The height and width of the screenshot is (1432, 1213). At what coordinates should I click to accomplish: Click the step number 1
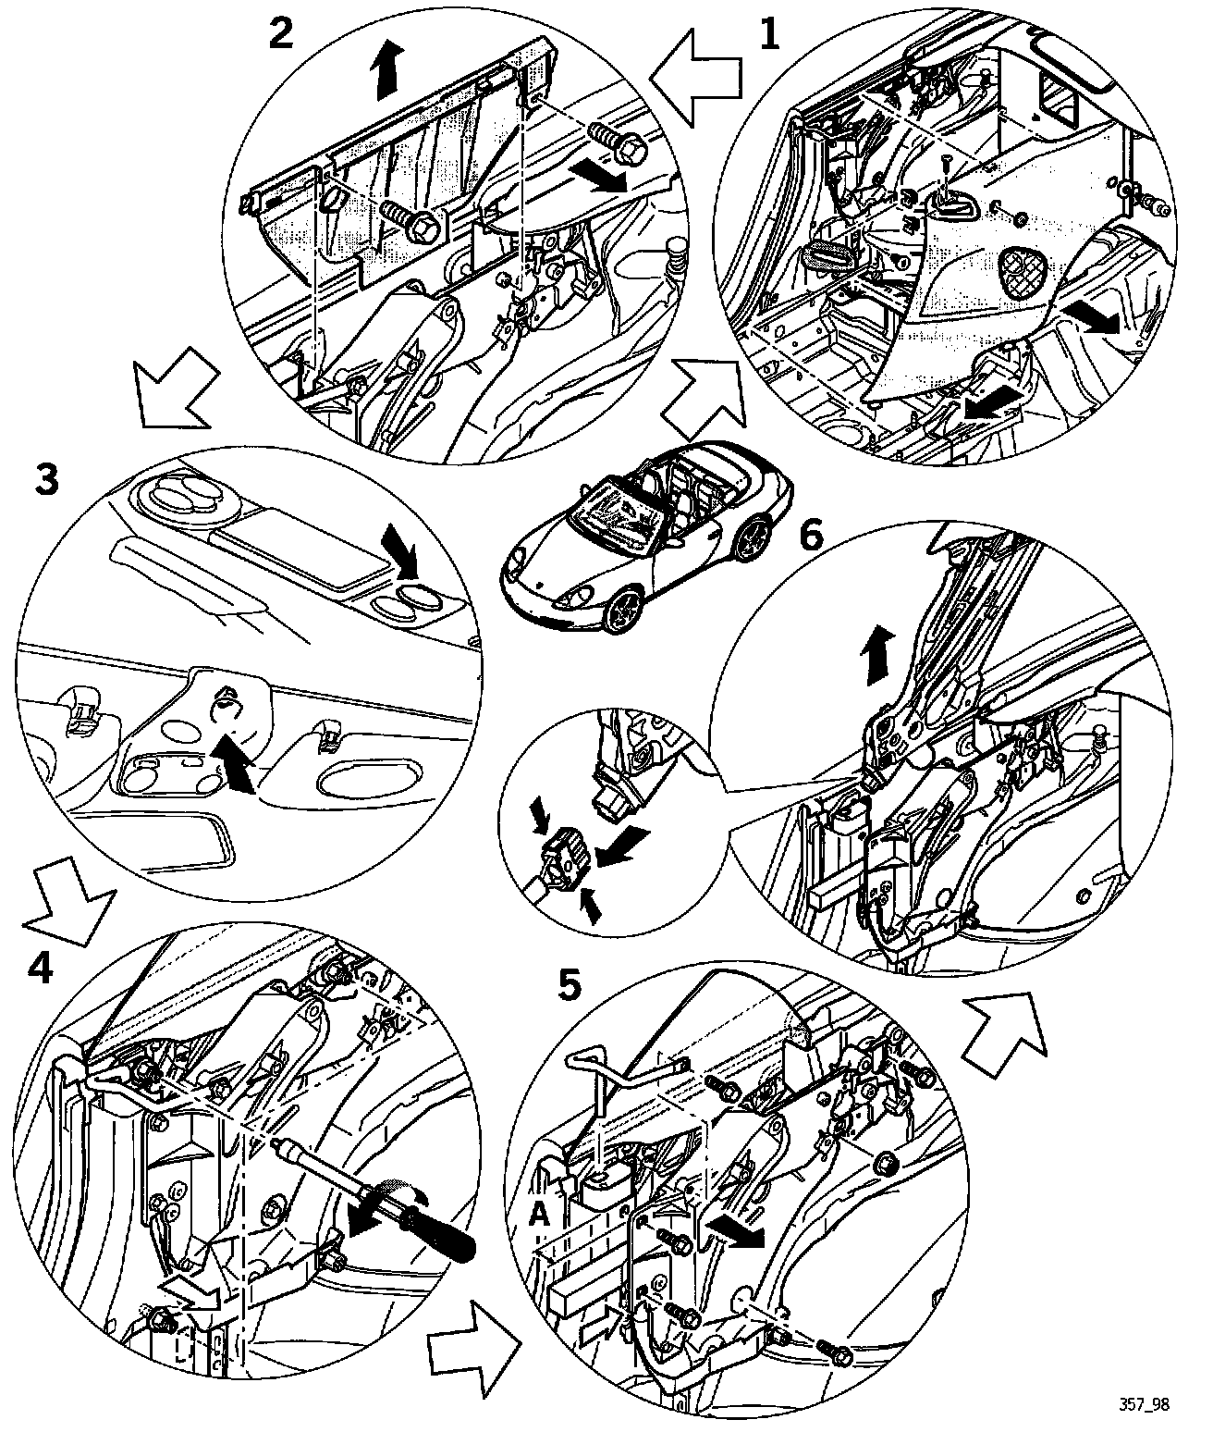click(768, 36)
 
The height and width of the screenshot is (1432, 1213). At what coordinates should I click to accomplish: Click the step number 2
click(280, 34)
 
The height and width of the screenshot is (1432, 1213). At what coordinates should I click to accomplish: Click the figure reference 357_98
click(1148, 1403)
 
